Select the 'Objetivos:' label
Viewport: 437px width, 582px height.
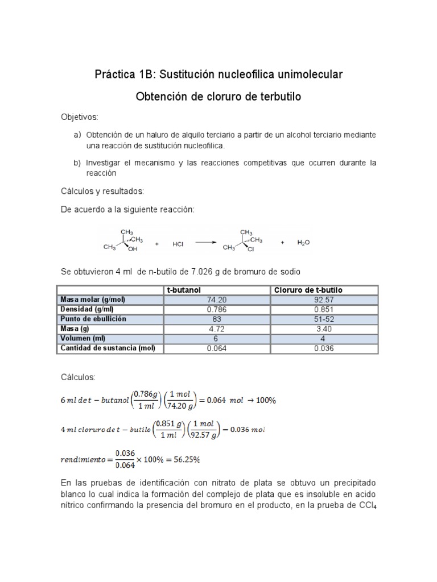click(x=80, y=117)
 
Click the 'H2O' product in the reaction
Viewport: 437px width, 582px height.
click(x=304, y=243)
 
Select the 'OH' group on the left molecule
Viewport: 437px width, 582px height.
click(x=133, y=248)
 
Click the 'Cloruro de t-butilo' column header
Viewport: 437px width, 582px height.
click(x=308, y=290)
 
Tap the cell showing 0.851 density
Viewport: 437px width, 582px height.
click(x=323, y=309)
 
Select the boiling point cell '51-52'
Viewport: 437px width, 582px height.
click(x=323, y=319)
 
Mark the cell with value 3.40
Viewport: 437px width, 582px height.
click(x=323, y=329)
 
